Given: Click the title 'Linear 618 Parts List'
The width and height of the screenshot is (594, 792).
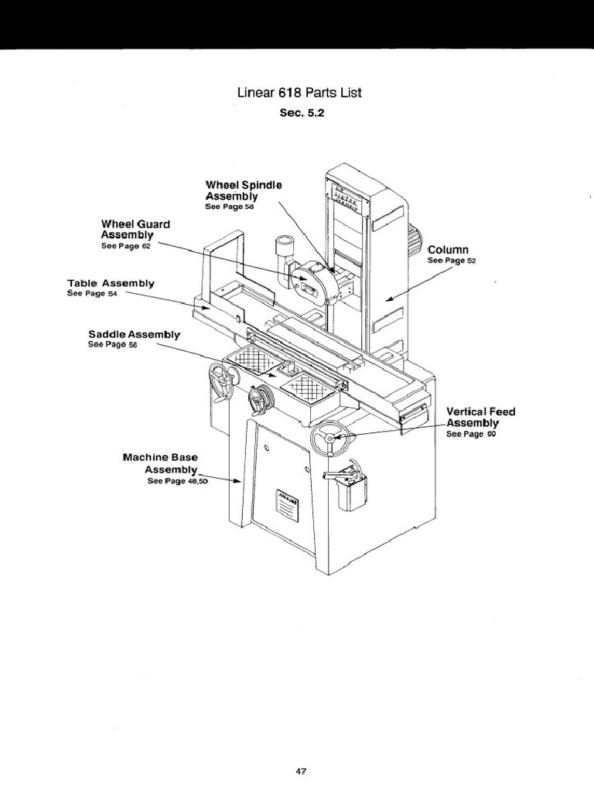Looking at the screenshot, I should (x=299, y=93).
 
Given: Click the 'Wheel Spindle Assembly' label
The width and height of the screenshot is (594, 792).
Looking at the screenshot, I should (x=244, y=191).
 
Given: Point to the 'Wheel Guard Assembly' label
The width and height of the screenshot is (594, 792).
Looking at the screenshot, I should (x=135, y=229).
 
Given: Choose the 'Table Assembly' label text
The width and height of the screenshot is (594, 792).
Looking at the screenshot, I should (x=111, y=284).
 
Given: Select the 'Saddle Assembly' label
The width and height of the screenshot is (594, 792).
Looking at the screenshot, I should (x=134, y=335).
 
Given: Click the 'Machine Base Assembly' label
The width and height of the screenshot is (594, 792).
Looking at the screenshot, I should (x=160, y=463).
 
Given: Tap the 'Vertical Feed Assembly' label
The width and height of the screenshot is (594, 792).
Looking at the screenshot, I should (x=480, y=417).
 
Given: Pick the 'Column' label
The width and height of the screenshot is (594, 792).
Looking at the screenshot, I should (x=449, y=250).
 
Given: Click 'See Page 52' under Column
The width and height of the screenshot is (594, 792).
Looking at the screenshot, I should (x=452, y=261).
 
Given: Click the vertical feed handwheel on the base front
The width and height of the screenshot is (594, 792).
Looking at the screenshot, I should (x=330, y=439).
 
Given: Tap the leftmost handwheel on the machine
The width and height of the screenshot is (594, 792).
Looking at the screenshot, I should (x=222, y=381).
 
